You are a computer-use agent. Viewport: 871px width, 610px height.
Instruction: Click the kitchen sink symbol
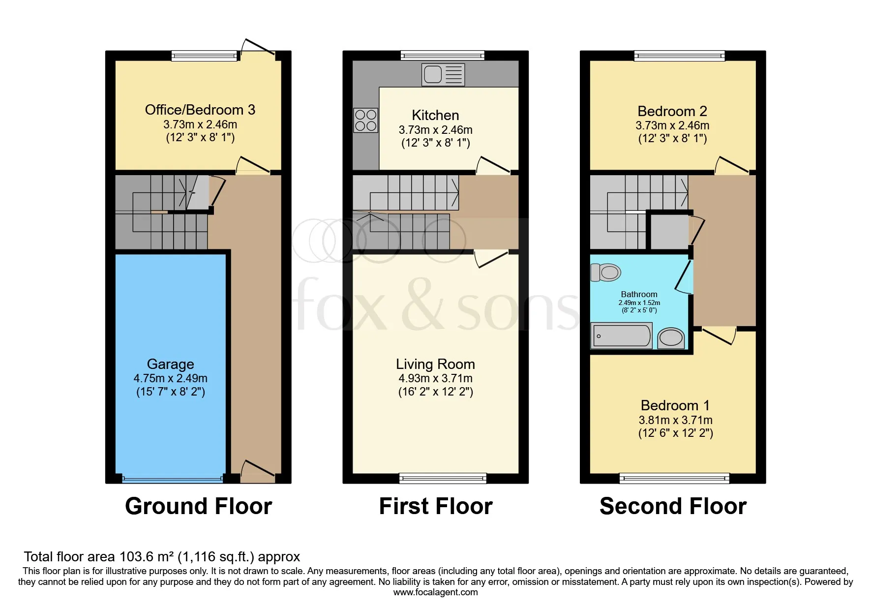pos(443,75)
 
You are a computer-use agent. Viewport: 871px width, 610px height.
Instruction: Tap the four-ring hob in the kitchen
pos(365,121)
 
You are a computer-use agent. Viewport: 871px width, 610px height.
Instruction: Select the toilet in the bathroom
pos(606,272)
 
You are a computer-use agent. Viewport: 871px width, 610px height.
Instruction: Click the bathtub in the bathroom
pos(622,336)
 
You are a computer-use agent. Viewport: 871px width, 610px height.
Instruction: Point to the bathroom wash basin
pos(671,338)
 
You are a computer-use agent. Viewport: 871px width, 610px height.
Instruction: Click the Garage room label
pos(170,364)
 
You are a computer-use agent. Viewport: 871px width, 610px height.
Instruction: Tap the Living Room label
pos(435,364)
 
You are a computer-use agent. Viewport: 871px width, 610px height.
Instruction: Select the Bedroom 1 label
pos(675,405)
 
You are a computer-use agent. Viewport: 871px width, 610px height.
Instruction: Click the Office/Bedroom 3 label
pos(200,110)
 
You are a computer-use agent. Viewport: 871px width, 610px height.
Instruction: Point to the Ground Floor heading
pos(198,506)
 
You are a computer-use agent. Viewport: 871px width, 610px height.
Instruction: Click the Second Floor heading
pos(673,506)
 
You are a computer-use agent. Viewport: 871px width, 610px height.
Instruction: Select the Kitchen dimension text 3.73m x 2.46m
pos(435,130)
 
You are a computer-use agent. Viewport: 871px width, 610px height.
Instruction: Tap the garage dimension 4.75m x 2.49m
pos(170,378)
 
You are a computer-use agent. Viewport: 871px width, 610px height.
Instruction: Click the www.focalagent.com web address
pos(435,592)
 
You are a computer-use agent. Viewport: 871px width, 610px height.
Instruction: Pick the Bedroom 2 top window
pos(679,56)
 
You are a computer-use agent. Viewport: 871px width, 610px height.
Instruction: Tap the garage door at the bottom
pos(172,478)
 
